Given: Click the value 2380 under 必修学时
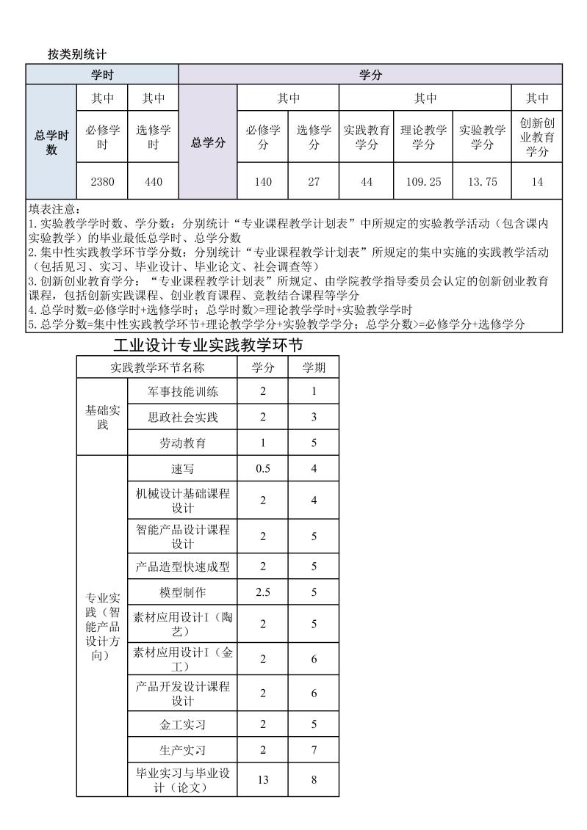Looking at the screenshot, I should [x=102, y=182].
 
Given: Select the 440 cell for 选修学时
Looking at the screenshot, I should [x=153, y=182].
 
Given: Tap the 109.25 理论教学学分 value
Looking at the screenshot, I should [x=423, y=182].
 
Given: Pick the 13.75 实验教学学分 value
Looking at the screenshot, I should [x=482, y=182].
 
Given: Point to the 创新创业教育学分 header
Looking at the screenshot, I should [x=537, y=136].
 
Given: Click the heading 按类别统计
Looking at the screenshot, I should [x=77, y=54].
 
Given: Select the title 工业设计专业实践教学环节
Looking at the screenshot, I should [x=209, y=344].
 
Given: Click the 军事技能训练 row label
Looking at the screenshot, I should [x=183, y=391].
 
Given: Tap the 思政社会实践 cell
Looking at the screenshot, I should [x=183, y=418].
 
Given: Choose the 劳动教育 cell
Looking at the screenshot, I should [x=183, y=443].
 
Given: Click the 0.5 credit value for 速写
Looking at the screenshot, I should [x=263, y=469].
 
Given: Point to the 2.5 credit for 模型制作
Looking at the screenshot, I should [x=263, y=591].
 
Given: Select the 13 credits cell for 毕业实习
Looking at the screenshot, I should [x=263, y=780].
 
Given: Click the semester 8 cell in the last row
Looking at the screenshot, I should [x=314, y=780].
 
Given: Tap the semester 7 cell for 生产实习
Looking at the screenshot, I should [x=314, y=750].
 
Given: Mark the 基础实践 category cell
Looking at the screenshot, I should [x=102, y=417].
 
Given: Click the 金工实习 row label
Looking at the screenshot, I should [x=183, y=724].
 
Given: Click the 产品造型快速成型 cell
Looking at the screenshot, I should [x=183, y=567].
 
